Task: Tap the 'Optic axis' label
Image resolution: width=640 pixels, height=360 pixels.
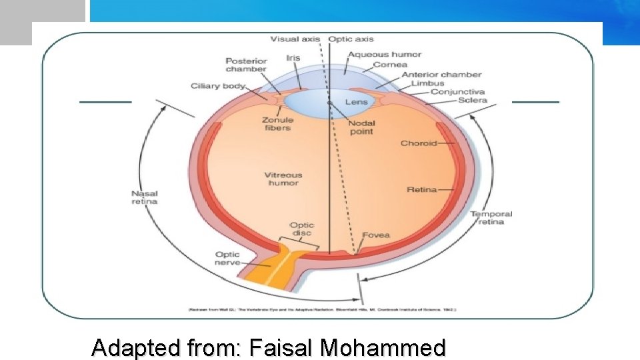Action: tap(351, 39)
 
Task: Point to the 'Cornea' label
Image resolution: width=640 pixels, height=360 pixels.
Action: tap(390, 65)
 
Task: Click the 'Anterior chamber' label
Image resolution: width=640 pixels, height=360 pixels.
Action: tap(441, 75)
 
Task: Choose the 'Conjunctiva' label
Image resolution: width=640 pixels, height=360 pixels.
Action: tap(457, 92)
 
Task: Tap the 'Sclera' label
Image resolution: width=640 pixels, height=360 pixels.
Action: tap(473, 101)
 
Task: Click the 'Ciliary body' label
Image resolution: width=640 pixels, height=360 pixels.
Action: tap(218, 86)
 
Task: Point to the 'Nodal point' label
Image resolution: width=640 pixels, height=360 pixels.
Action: tap(362, 127)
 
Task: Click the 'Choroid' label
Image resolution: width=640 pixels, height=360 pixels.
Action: tap(419, 143)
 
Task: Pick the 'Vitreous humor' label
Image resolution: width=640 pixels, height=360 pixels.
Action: tap(283, 179)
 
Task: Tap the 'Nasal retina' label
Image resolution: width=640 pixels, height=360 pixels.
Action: tap(144, 197)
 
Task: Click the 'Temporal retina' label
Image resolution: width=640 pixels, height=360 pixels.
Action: tap(491, 217)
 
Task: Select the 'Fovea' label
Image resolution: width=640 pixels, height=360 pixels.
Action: tap(376, 235)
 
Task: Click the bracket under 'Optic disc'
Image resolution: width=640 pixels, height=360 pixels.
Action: tap(301, 239)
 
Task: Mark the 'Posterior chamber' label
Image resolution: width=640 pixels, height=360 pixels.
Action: tap(246, 65)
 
